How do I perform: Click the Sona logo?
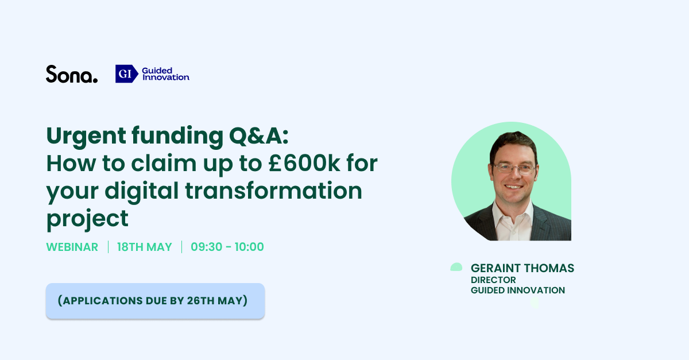pyautogui.click(x=72, y=74)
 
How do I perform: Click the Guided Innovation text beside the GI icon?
pyautogui.click(x=165, y=73)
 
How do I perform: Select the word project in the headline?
pyautogui.click(x=87, y=218)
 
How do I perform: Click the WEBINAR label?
pyautogui.click(x=72, y=247)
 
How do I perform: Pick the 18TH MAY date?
pyautogui.click(x=145, y=247)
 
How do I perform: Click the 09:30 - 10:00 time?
pyautogui.click(x=227, y=247)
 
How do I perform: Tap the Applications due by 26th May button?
pyautogui.click(x=155, y=300)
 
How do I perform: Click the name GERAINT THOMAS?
pyautogui.click(x=522, y=268)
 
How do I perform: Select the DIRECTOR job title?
pyautogui.click(x=493, y=280)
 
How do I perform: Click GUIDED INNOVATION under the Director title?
pyautogui.click(x=517, y=291)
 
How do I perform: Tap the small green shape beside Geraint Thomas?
pyautogui.click(x=456, y=267)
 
